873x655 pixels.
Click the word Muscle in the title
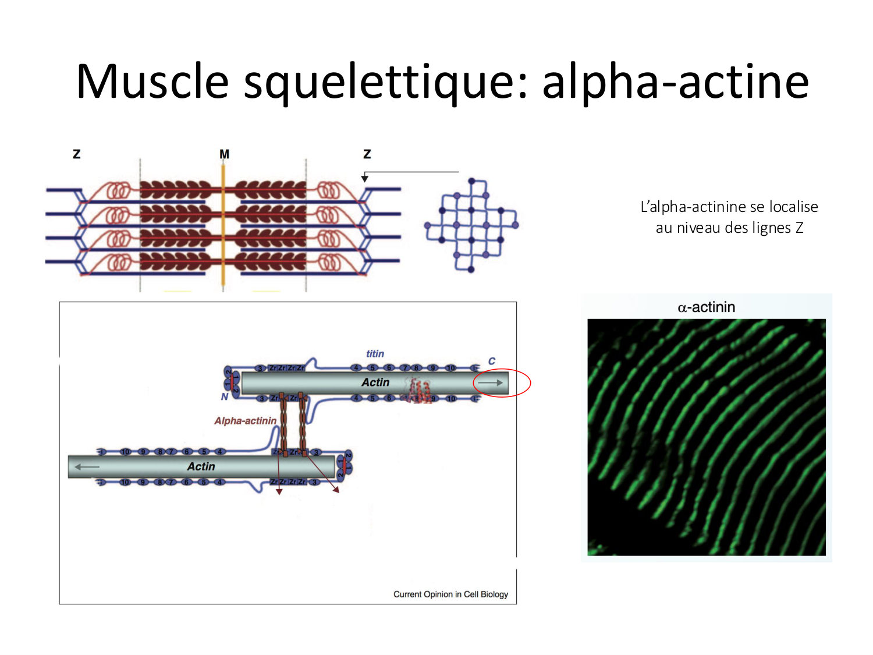pyautogui.click(x=152, y=82)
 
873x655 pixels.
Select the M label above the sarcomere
pyautogui.click(x=224, y=154)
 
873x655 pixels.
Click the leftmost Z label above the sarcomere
pyautogui.click(x=76, y=154)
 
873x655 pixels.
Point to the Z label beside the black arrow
pyautogui.click(x=367, y=154)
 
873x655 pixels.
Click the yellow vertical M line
pyautogui.click(x=223, y=227)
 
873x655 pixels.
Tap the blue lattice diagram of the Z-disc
pyautogui.click(x=471, y=225)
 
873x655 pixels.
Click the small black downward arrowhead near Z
pyautogui.click(x=365, y=178)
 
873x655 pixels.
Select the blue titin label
pyautogui.click(x=375, y=353)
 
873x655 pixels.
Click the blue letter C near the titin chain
pyautogui.click(x=492, y=361)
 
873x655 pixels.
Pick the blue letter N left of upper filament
pyautogui.click(x=224, y=397)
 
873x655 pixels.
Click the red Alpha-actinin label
pyautogui.click(x=245, y=420)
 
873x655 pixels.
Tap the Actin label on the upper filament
pyautogui.click(x=375, y=383)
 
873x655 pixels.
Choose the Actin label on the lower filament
pyautogui.click(x=201, y=466)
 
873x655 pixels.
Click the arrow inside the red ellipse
pyautogui.click(x=491, y=383)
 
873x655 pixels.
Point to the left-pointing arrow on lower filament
pyautogui.click(x=87, y=467)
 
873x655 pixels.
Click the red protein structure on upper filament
pyautogui.click(x=420, y=391)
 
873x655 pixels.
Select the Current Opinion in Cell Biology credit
pyautogui.click(x=450, y=594)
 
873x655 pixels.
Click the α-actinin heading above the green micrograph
pyautogui.click(x=706, y=307)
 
